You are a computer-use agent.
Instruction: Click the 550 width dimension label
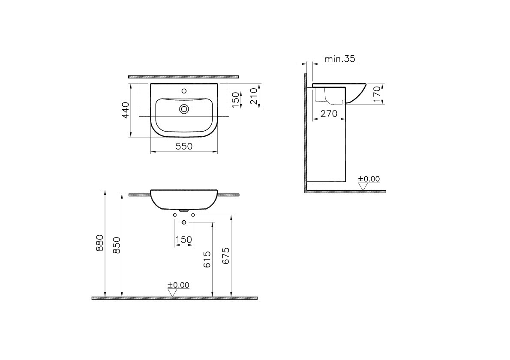click(184, 147)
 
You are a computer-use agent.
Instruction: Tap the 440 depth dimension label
click(126, 110)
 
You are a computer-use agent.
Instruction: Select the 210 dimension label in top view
click(254, 96)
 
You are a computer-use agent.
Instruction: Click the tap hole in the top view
click(184, 91)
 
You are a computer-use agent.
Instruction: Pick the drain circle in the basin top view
click(184, 109)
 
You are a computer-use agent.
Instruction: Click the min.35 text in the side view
click(340, 59)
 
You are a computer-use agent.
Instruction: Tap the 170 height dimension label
click(377, 94)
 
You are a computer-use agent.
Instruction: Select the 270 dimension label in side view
click(329, 114)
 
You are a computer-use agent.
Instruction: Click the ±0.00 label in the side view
click(369, 179)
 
